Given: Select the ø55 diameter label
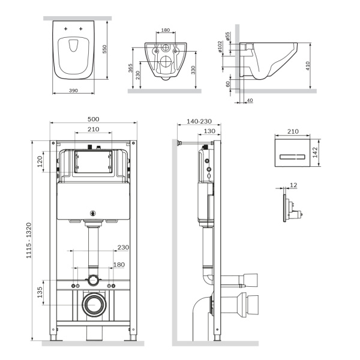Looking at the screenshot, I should point(228,37).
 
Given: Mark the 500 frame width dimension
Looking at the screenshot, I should point(93,119).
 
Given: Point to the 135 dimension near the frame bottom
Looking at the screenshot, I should point(40,292).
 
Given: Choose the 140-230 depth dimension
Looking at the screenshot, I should point(200,121).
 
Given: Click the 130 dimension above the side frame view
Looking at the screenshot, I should point(209,131).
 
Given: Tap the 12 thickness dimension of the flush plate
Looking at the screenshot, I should point(293,185).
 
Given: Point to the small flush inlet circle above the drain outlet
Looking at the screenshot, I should point(93,280).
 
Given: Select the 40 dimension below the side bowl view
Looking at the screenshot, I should point(249,100).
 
